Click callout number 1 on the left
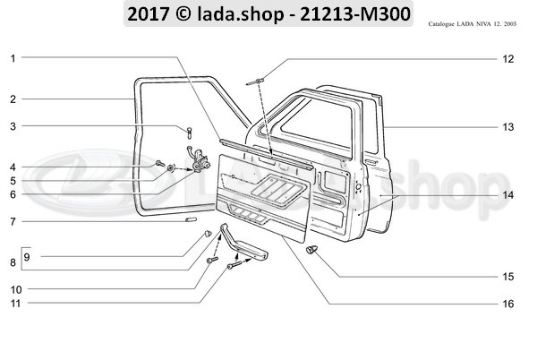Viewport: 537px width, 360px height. [13, 58]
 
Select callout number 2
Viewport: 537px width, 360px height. [13, 99]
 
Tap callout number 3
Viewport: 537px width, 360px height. [13, 127]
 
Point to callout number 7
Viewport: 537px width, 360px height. [13, 221]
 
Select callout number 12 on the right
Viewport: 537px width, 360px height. [507, 59]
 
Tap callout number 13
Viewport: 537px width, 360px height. [507, 127]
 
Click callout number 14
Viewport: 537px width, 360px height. [507, 194]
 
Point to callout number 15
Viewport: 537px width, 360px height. [507, 277]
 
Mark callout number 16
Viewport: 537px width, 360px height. [507, 304]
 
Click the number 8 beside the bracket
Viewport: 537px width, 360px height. [13, 262]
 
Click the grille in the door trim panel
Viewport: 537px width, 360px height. [269, 187]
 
